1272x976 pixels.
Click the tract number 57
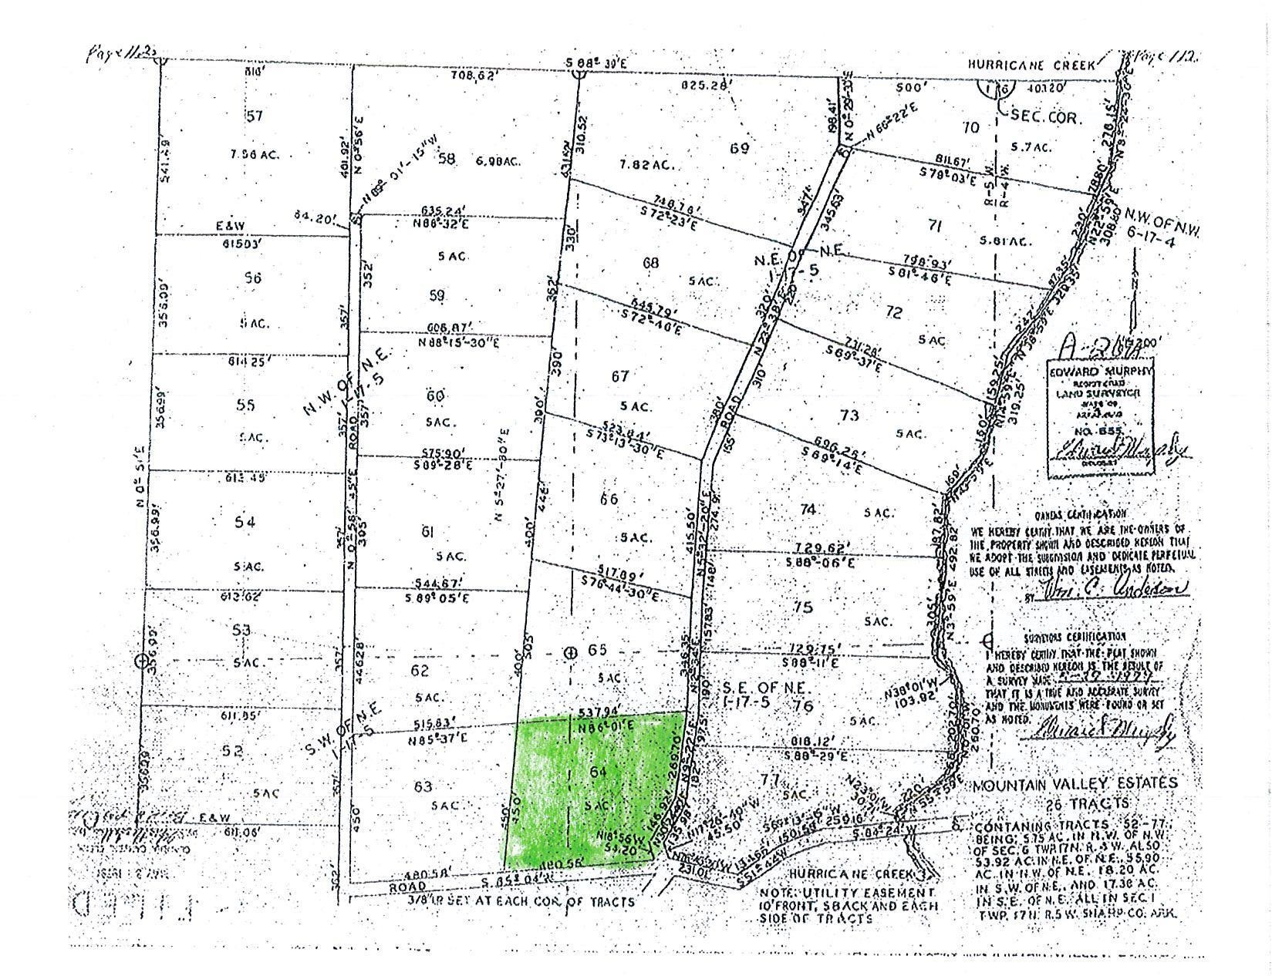tap(255, 116)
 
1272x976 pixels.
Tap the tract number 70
tap(971, 126)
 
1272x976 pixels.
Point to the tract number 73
tap(849, 416)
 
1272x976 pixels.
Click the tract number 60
tap(436, 396)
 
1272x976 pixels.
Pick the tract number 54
tap(245, 523)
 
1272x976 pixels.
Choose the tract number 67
tap(620, 376)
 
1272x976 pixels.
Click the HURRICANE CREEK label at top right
tap(1031, 66)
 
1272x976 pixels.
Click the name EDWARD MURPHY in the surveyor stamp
tap(1100, 370)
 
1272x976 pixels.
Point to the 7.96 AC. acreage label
tap(253, 155)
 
